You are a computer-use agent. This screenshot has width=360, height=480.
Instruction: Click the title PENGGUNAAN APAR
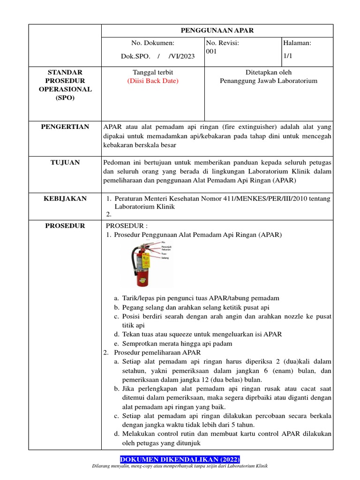(217, 30)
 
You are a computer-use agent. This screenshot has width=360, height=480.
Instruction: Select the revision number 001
(211, 52)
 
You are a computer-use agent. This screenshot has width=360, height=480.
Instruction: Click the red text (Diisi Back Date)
(153, 81)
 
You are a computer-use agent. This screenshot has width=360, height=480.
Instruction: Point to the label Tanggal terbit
(153, 72)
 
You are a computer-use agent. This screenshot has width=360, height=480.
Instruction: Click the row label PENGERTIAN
(65, 127)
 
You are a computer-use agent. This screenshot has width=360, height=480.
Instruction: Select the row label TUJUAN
(65, 163)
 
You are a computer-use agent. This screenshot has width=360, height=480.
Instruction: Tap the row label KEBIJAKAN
(65, 199)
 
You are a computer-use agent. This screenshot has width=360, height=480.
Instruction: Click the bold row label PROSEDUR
(65, 226)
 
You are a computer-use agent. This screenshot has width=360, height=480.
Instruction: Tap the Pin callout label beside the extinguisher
(164, 242)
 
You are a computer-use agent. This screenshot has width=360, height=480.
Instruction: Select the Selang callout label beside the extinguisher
(165, 258)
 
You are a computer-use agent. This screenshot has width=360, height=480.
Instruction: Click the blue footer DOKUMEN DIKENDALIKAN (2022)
(180, 459)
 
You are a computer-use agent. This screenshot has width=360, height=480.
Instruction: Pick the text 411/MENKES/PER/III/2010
(259, 199)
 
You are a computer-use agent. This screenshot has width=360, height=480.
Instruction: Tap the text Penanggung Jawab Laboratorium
(269, 81)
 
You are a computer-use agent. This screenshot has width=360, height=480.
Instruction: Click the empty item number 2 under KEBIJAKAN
(108, 215)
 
